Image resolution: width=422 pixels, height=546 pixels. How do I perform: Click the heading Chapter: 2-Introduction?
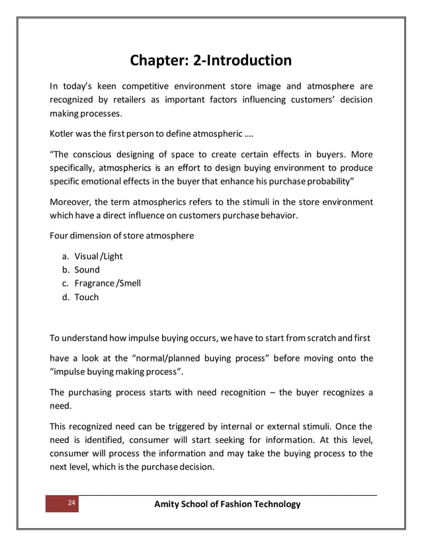tap(210, 61)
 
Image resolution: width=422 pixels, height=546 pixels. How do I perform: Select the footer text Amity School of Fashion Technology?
tap(227, 504)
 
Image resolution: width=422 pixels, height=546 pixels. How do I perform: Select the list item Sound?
tap(87, 270)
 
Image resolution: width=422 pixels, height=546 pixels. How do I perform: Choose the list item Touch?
tap(86, 297)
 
